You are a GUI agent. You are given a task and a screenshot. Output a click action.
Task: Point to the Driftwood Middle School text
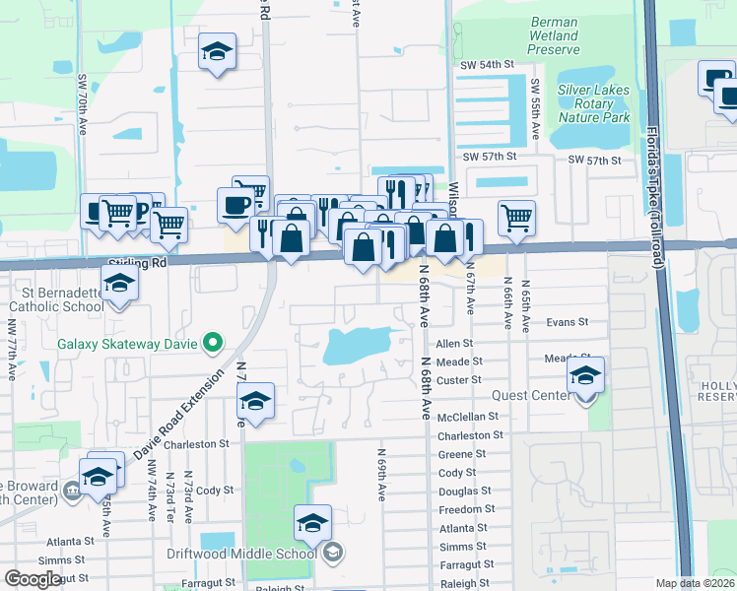257,552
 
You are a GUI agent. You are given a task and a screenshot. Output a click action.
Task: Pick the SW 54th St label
488,64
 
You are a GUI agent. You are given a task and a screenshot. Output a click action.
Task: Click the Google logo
33,579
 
